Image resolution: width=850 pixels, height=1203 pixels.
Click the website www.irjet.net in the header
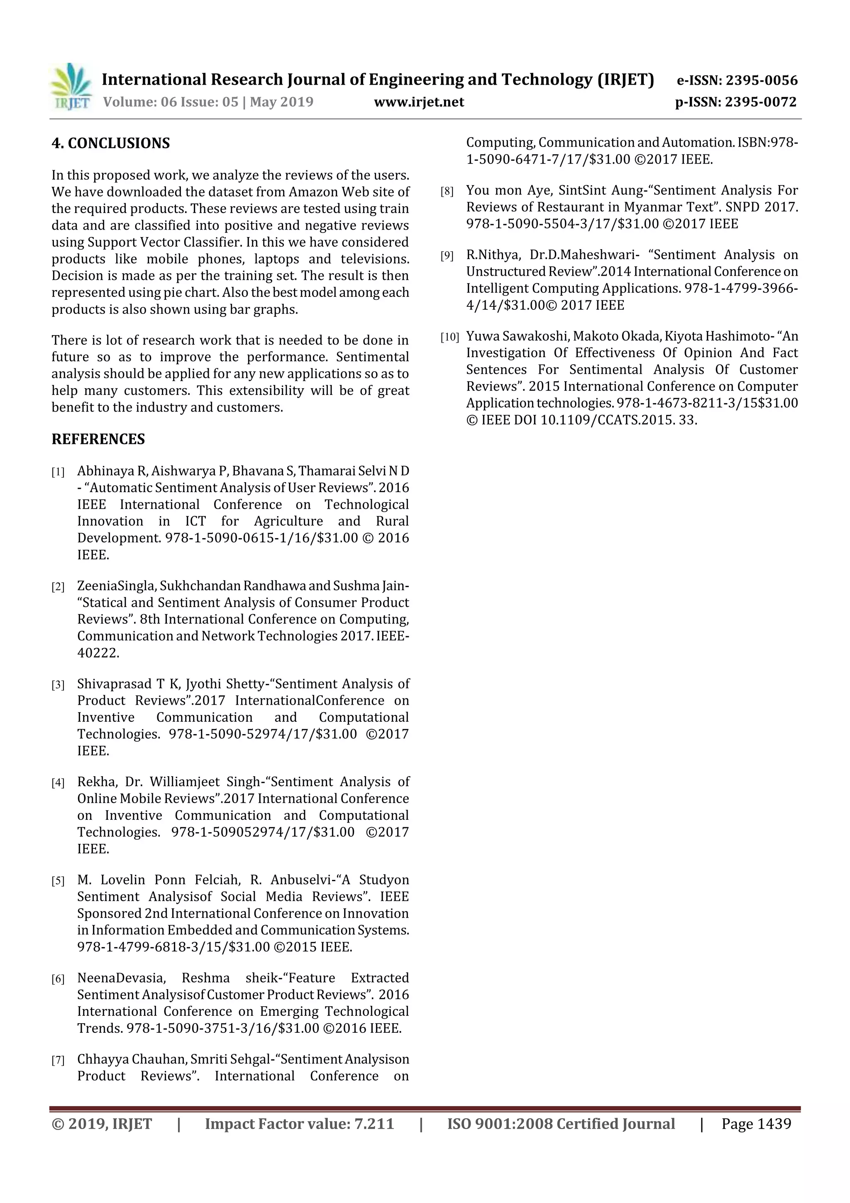point(418,102)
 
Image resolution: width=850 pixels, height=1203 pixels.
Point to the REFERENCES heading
point(98,439)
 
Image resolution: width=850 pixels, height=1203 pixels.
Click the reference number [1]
point(58,472)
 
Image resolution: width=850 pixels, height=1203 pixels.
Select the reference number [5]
point(58,881)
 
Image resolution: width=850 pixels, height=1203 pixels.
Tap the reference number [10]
point(449,337)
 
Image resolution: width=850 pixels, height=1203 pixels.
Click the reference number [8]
point(447,191)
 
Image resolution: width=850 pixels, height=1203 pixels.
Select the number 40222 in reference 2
point(98,653)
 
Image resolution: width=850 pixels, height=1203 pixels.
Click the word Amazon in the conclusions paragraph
point(313,192)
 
